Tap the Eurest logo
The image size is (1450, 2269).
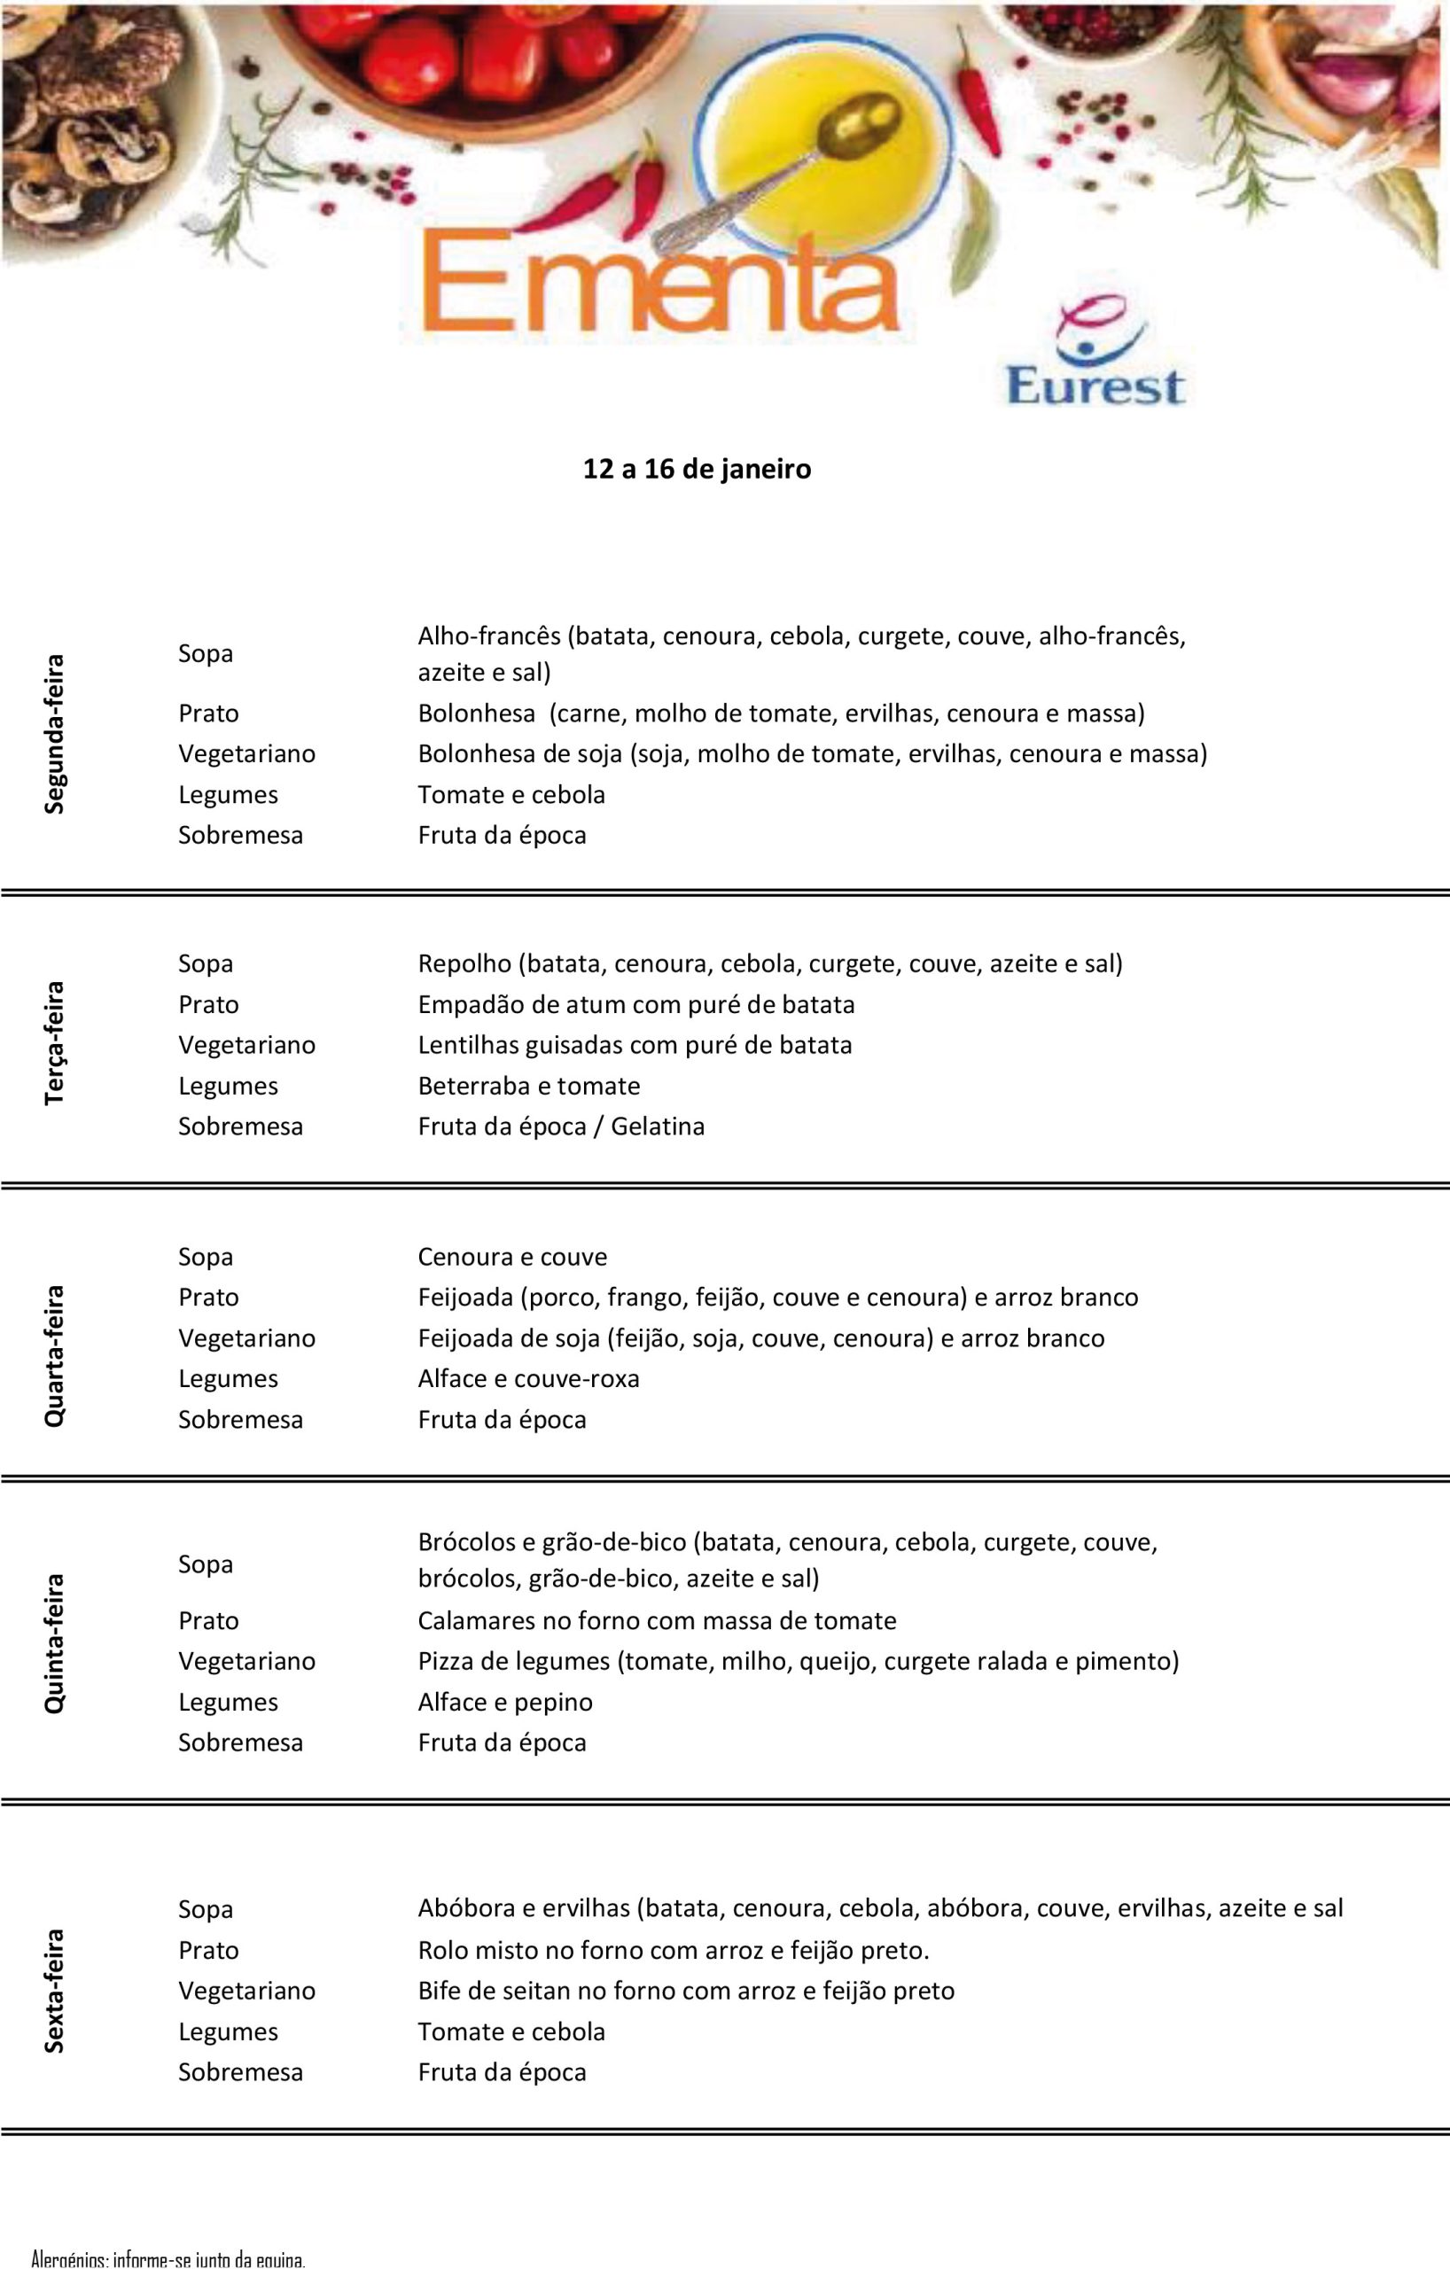1095,353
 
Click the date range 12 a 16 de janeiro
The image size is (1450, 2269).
697,468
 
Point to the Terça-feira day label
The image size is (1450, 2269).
55,1043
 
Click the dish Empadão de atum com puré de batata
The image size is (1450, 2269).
636,1004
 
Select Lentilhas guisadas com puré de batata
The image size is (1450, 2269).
634,1045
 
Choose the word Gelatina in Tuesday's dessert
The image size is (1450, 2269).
657,1126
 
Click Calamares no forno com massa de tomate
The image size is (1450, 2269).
657,1621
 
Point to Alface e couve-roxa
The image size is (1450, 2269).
527,1378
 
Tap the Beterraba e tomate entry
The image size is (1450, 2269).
528,1086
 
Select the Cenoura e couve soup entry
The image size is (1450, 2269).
511,1256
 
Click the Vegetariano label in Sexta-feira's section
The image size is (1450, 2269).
247,1990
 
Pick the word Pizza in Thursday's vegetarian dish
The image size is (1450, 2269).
446,1661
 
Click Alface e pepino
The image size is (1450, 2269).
505,1702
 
